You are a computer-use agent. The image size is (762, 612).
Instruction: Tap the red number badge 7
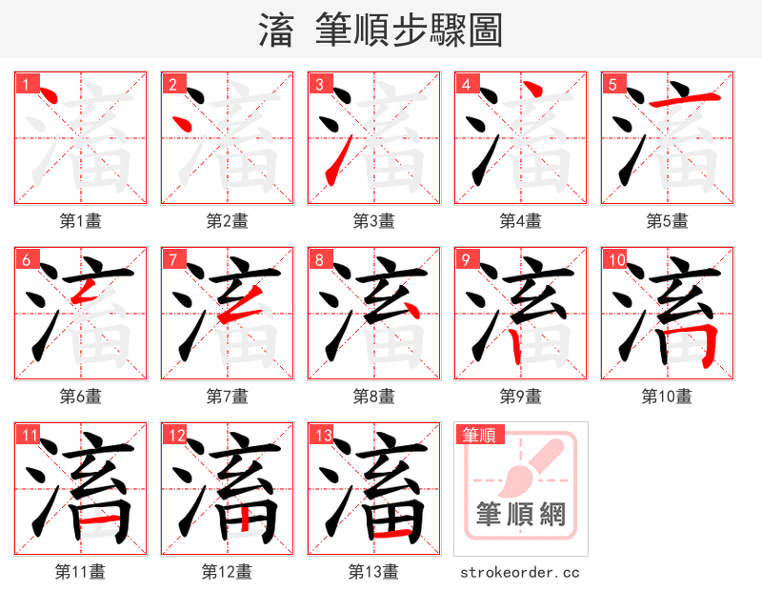[171, 259]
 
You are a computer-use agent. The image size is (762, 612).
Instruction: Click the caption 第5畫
[667, 221]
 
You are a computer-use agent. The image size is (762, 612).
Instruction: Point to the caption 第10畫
[667, 397]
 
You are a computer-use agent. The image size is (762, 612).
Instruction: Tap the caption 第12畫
[227, 572]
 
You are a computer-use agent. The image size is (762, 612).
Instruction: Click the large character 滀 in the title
[275, 31]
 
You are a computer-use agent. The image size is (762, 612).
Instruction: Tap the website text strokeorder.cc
[519, 573]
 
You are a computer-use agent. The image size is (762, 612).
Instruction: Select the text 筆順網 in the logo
[520, 515]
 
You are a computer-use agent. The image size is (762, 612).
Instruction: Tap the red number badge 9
[465, 259]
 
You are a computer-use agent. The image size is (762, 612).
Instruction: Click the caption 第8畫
[373, 397]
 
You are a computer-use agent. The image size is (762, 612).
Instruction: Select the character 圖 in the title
[485, 31]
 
